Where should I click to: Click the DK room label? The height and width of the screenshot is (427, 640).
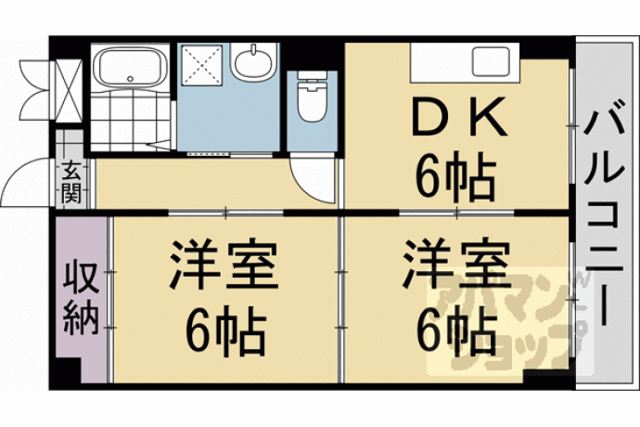pos(459,116)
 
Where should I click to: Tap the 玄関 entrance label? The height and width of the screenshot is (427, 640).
pos(71,182)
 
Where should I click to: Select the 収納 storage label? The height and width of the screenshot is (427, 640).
pos(81,298)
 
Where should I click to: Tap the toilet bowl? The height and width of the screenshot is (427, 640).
pos(313,102)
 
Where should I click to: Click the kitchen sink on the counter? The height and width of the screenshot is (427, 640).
pos(491,61)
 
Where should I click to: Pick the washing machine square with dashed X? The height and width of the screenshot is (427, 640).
pos(201,65)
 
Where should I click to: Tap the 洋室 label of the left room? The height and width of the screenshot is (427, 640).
pos(224,265)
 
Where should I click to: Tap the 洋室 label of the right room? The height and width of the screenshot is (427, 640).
pos(456,265)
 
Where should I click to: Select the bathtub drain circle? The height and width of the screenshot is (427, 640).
pos(130,79)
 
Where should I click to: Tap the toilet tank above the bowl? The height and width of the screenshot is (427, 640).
pos(313,76)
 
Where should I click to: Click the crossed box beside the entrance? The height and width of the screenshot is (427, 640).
pos(69,91)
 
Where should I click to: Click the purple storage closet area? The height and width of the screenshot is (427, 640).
pos(81,298)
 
